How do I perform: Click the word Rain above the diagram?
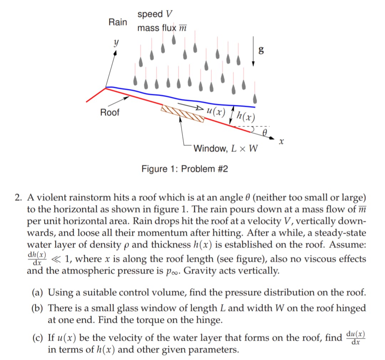tap(118, 22)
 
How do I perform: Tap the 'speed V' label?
tap(155, 14)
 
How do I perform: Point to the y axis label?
tap(115, 42)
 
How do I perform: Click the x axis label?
tap(281, 142)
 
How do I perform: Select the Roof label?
tap(110, 113)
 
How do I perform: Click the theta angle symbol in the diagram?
tap(265, 133)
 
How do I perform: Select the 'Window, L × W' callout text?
tap(226, 148)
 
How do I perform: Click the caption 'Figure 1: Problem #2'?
tap(185, 168)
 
